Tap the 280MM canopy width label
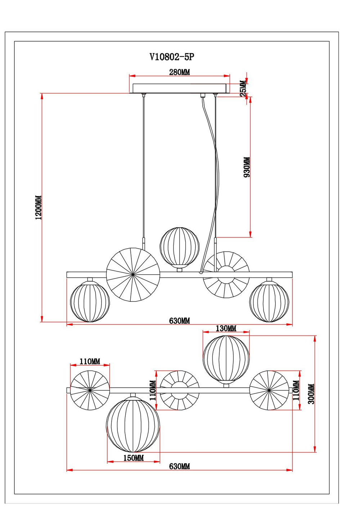pyautogui.click(x=179, y=72)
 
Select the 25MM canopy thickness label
pyautogui.click(x=243, y=87)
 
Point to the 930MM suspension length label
pyautogui.click(x=247, y=167)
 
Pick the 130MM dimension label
pyautogui.click(x=226, y=328)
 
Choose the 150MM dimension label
pyautogui.click(x=134, y=458)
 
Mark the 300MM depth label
pyautogui.click(x=311, y=394)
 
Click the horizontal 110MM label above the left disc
pyautogui.click(x=90, y=361)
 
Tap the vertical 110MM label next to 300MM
pyautogui.click(x=296, y=391)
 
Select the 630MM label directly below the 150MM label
pyautogui.click(x=179, y=467)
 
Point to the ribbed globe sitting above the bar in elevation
pyautogui.click(x=179, y=246)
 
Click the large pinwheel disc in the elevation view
pyautogui.click(x=133, y=274)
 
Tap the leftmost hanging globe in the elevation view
pyautogui.click(x=90, y=301)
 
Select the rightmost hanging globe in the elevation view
pyautogui.click(x=269, y=301)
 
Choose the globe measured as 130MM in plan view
pyautogui.click(x=226, y=358)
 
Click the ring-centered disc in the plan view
pyautogui.click(x=179, y=390)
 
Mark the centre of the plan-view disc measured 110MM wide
pyautogui.click(x=90, y=390)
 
